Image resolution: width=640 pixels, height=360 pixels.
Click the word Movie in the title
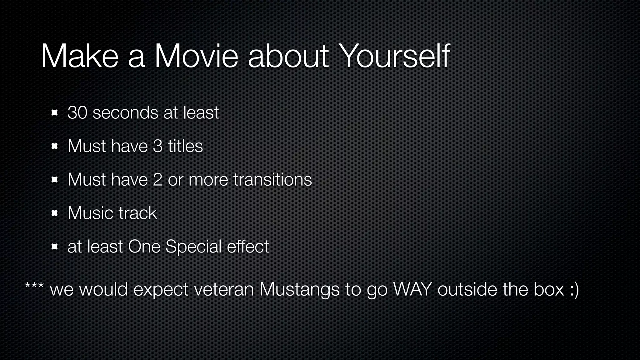(196, 56)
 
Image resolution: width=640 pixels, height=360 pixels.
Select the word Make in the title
(79, 56)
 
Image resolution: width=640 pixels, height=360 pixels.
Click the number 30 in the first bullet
(77, 113)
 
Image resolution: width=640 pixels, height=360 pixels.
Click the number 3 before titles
(158, 146)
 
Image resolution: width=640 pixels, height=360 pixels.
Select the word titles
(185, 146)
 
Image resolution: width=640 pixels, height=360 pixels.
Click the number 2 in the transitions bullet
(157, 180)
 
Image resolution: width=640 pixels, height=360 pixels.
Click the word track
(138, 213)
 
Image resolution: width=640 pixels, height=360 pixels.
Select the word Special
(193, 247)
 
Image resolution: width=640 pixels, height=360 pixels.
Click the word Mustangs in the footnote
(299, 289)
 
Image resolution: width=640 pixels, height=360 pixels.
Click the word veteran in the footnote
(224, 289)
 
